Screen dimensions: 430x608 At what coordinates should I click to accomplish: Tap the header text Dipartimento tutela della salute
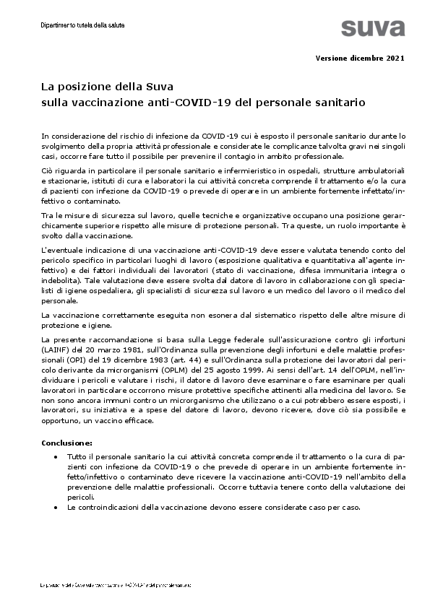83,25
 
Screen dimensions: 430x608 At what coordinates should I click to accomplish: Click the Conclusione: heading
66,441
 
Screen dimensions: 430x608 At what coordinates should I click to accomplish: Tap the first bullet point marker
56,457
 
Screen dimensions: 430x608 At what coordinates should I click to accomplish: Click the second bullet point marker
56,508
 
